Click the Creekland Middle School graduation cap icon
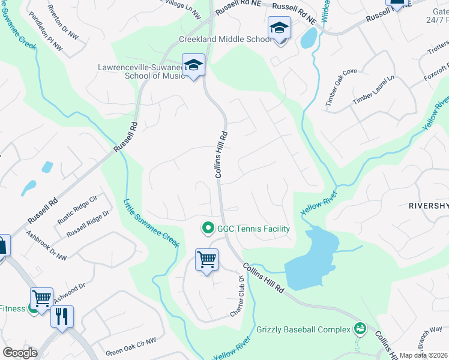[x=279, y=29]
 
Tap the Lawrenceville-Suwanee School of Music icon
[x=193, y=65]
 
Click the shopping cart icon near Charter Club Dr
[x=206, y=260]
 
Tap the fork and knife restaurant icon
[x=62, y=316]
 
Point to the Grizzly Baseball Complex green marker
[x=360, y=328]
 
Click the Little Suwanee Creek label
[x=151, y=223]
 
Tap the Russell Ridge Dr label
[x=88, y=223]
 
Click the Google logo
[x=19, y=353]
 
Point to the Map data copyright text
[x=423, y=355]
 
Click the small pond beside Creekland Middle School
[x=308, y=38]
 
